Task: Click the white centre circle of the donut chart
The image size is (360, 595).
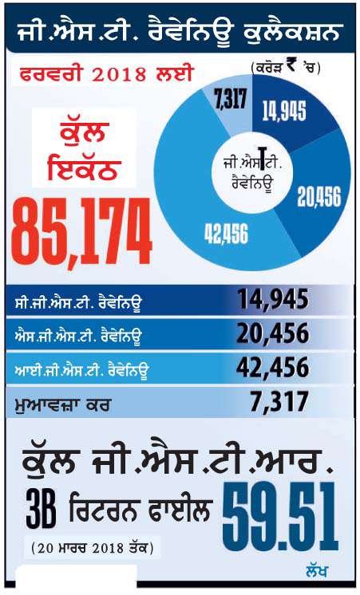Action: [x=252, y=173]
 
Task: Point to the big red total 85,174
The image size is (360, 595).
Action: [x=81, y=232]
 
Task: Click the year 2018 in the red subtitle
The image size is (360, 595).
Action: [x=119, y=73]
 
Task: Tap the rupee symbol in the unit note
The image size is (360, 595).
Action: [x=291, y=67]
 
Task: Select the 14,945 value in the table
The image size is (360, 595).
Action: [x=273, y=299]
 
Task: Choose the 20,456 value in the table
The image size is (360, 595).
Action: [x=273, y=333]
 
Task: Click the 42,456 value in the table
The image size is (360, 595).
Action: [x=272, y=368]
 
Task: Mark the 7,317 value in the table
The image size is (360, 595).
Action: [x=279, y=402]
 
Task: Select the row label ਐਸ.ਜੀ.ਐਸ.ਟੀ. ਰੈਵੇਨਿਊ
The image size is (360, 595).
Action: [x=77, y=337]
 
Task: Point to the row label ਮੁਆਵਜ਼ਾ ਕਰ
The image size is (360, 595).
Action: [x=61, y=405]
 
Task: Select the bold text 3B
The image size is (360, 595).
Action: [x=41, y=512]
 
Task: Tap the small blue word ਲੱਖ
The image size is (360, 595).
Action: [x=316, y=571]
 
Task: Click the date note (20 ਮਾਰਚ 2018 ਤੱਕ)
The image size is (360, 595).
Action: [x=93, y=548]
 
